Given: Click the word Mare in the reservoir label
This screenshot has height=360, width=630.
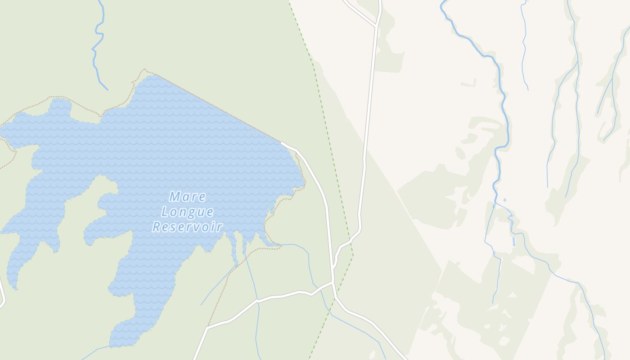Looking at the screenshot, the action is point(188,197).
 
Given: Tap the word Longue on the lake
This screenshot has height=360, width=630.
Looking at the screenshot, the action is point(187,211).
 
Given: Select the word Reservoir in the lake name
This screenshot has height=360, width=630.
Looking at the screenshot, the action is point(187,226).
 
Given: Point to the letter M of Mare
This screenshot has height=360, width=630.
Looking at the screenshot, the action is point(175,197).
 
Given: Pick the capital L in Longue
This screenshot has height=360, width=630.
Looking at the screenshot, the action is point(165,211).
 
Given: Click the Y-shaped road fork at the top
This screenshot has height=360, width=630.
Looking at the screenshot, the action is point(376,25).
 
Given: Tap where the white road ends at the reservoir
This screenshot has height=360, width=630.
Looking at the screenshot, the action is point(282,143).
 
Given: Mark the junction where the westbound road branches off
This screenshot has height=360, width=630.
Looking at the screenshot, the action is point(333,282).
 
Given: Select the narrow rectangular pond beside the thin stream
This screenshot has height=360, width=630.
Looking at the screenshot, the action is point(514,241).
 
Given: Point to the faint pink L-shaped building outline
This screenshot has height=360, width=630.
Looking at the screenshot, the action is point(468,83).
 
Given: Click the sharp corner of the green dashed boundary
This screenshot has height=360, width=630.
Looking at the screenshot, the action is point(353,255).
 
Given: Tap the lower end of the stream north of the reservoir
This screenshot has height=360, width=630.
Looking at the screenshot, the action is point(107,90).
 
